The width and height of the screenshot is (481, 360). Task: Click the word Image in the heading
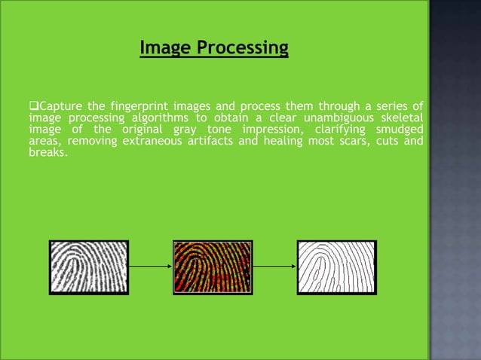[161, 49]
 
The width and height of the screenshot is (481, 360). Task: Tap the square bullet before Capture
[32, 104]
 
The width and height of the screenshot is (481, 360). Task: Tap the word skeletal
[403, 117]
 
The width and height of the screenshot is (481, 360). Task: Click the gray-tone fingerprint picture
[89, 267]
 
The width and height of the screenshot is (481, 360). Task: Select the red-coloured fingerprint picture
[212, 267]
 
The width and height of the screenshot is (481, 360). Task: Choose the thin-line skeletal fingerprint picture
[336, 267]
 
